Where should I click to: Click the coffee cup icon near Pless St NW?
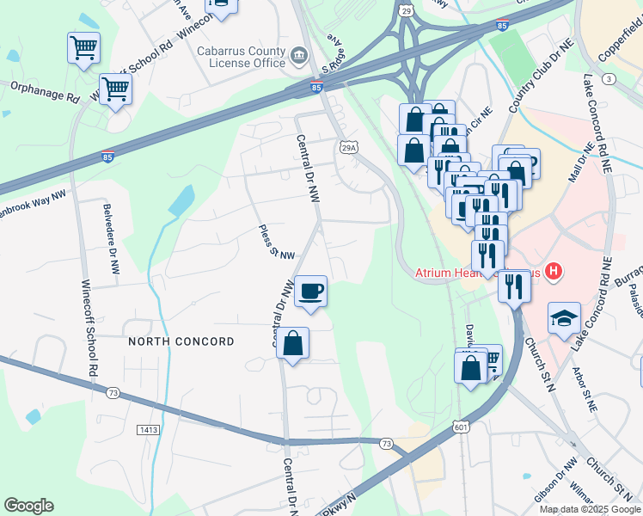coord(310,291)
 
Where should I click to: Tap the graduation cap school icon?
coord(564,318)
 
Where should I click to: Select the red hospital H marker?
coord(554,272)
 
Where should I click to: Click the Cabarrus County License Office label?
coord(241,57)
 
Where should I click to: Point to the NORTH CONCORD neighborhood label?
coord(181,341)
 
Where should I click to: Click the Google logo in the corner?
coord(28,506)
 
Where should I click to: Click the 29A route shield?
coord(348,148)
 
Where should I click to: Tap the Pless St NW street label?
coord(277,243)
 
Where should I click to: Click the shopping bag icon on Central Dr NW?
coord(292,344)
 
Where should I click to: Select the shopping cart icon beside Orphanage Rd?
coord(115,89)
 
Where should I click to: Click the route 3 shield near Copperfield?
coord(609,79)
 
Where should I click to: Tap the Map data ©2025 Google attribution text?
coord(590,508)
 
